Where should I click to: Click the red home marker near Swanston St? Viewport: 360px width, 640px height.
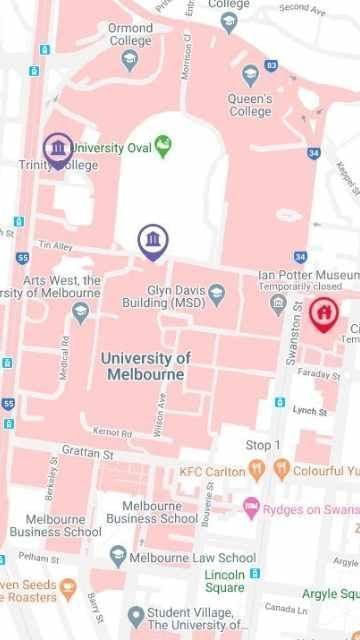click(323, 314)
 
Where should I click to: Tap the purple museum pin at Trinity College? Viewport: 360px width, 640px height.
click(58, 150)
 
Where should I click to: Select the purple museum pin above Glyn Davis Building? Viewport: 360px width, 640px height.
click(153, 241)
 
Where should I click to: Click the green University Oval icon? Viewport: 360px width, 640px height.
click(163, 147)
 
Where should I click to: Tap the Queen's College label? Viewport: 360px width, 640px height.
click(250, 106)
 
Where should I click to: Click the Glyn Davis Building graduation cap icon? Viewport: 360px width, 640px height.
click(215, 292)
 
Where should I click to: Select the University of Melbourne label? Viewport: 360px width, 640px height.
click(146, 365)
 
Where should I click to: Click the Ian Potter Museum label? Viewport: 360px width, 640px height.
click(306, 275)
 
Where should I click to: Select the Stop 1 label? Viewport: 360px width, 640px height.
click(263, 444)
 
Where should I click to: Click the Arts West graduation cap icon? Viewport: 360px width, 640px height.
click(81, 311)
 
